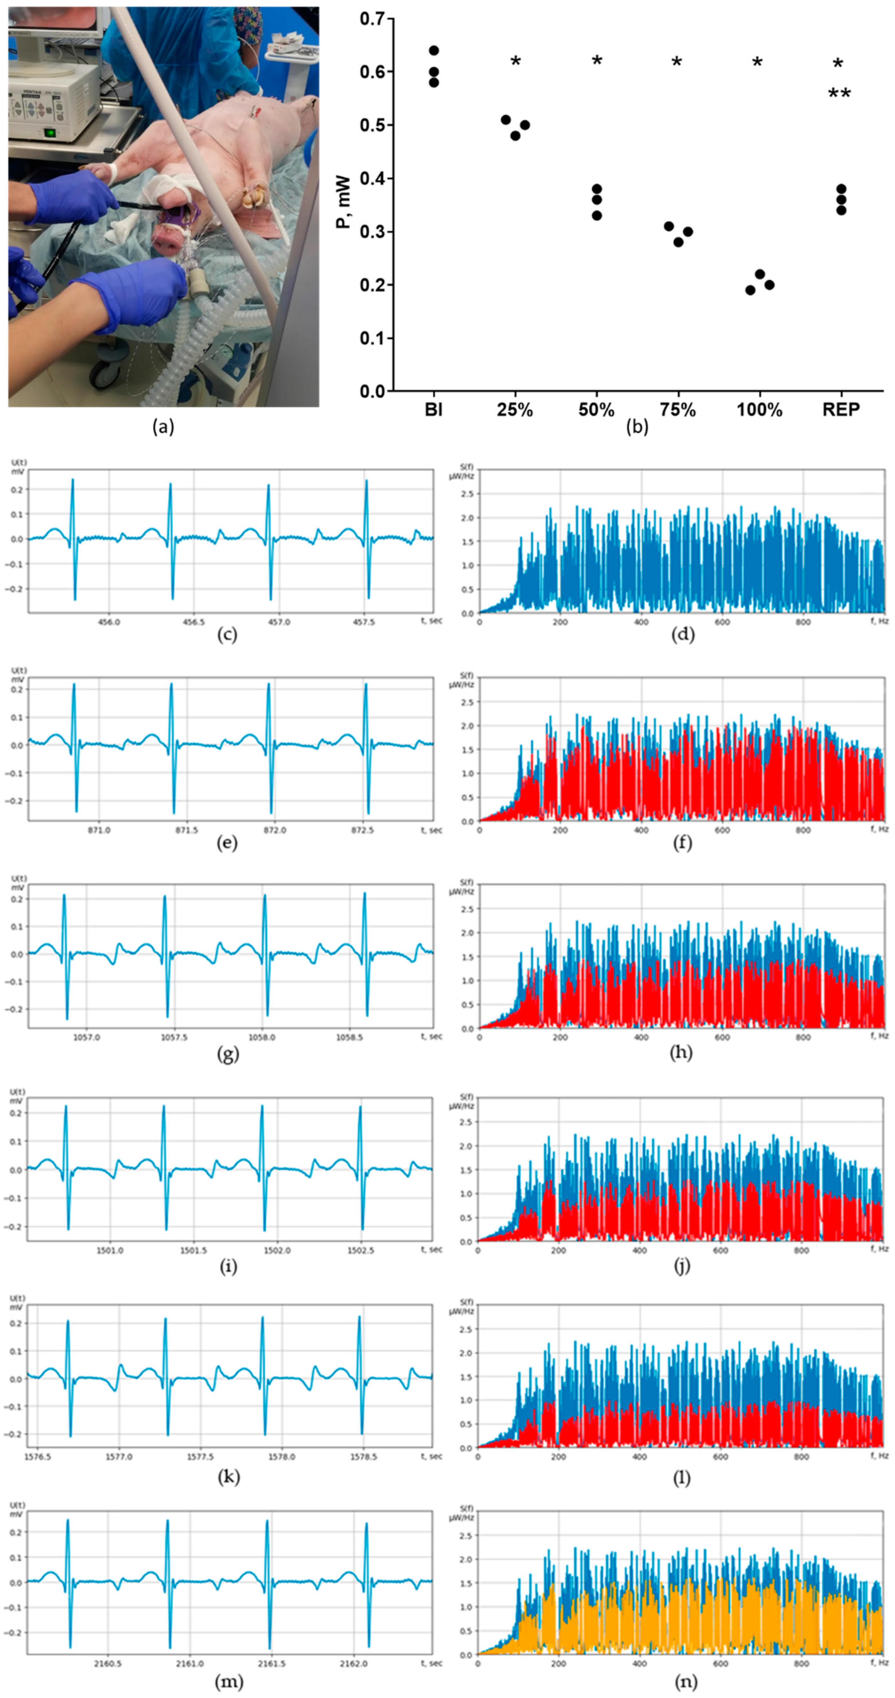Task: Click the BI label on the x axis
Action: [433, 410]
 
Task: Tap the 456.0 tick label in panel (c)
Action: [109, 622]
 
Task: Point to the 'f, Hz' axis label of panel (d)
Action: [879, 622]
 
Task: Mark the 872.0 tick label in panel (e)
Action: [275, 830]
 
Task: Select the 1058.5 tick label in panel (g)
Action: [349, 1037]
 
